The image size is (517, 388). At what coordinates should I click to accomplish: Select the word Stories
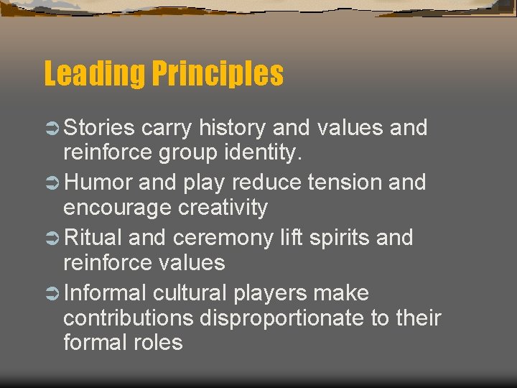(99, 128)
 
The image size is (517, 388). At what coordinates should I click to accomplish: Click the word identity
(268, 152)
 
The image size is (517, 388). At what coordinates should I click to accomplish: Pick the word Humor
(98, 183)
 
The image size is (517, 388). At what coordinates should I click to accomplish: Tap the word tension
(347, 183)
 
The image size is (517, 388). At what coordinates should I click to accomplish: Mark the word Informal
(105, 293)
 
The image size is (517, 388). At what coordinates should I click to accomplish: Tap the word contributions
(129, 318)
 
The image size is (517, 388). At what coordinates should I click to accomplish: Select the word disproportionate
(282, 318)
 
